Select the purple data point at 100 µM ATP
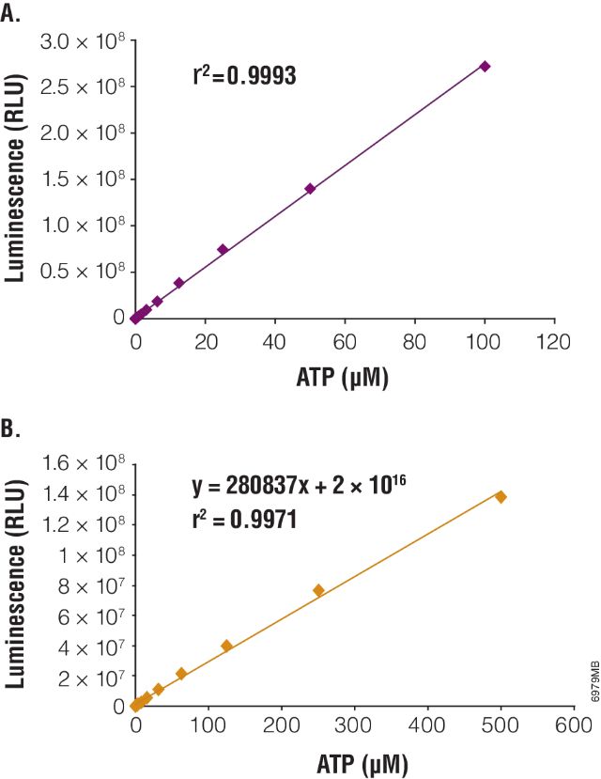click(x=485, y=66)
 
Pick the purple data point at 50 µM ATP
click(x=310, y=188)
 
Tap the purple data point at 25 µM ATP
click(x=223, y=249)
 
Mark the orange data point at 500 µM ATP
click(x=501, y=496)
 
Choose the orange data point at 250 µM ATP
click(x=318, y=590)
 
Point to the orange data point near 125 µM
click(x=226, y=646)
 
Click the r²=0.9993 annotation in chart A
click(x=244, y=76)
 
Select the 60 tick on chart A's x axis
click(x=345, y=342)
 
